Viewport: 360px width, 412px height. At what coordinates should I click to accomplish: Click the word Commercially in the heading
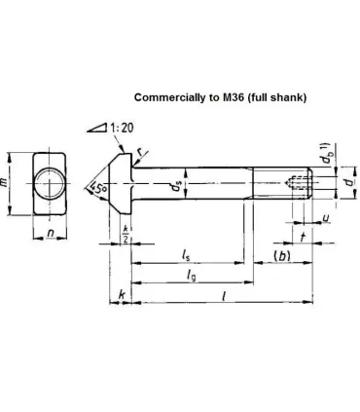coord(168,97)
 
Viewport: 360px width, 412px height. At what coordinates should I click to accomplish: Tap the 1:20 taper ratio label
coord(122,128)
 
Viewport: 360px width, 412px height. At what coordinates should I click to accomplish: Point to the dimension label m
coord(4,183)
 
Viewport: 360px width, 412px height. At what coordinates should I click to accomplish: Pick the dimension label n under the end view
coord(51,233)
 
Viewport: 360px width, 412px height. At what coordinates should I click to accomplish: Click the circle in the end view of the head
coord(50,183)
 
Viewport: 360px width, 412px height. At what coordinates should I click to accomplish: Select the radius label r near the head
coord(139,152)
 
